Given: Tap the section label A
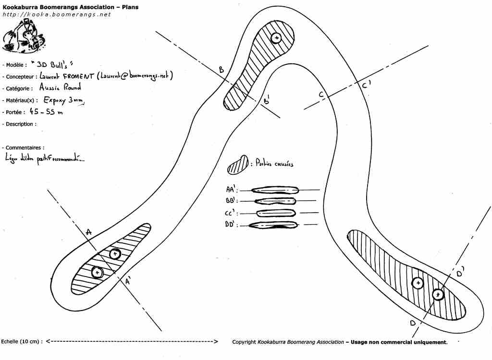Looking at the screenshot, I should tap(88, 233).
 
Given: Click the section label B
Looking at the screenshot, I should tap(221, 70).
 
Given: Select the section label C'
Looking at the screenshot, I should tap(366, 85).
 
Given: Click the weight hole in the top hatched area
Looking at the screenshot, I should tap(276, 38).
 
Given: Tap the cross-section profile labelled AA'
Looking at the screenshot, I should tap(275, 190).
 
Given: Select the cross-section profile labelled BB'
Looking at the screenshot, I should tap(274, 201).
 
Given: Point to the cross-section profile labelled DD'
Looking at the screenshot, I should tap(275, 225).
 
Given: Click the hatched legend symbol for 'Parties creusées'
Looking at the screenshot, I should tap(238, 164).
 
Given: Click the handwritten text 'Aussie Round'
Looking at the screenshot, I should tap(60, 88).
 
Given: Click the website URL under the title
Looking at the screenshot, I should tap(57, 14).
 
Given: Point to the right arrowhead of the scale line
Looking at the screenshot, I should tap(216, 342).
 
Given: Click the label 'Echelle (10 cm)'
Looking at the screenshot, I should tap(22, 342).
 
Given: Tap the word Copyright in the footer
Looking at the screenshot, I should tap(244, 342).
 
